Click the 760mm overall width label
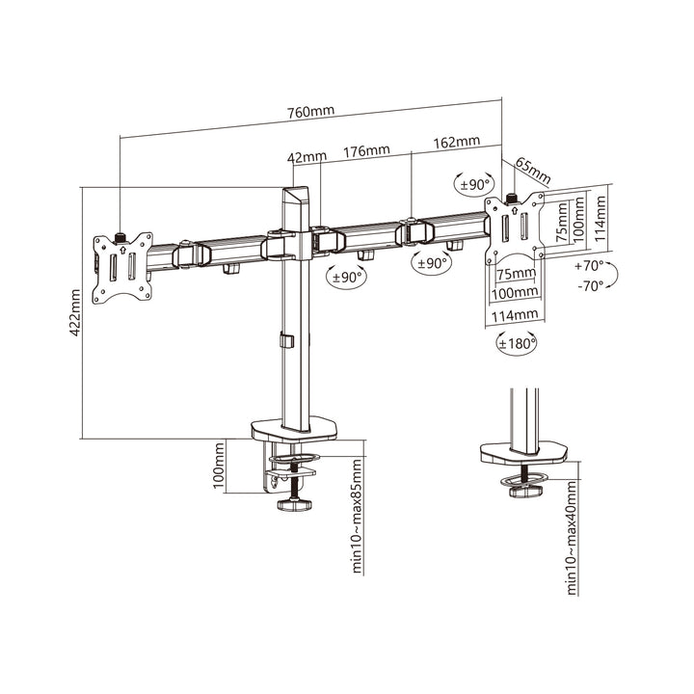(311, 111)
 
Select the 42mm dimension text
(308, 154)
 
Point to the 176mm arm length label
(366, 149)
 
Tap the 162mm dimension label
(456, 143)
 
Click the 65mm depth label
(532, 170)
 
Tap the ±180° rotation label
(518, 341)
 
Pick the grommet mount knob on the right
(525, 492)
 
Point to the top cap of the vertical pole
(294, 193)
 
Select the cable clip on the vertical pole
(283, 341)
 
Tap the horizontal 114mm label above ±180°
(514, 314)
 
